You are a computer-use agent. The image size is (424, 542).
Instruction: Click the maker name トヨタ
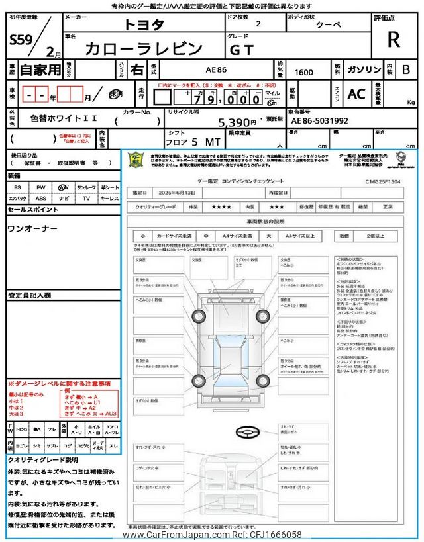tap(142, 25)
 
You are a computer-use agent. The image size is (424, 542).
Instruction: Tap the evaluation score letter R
tap(394, 39)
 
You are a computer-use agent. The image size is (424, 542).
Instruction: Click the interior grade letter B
tap(406, 69)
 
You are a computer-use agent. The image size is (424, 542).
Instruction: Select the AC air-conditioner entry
tap(356, 94)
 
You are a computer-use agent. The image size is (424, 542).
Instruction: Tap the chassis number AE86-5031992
tap(319, 121)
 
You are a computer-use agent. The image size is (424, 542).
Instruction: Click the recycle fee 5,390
tap(235, 122)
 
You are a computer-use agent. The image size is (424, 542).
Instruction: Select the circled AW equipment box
tap(64, 188)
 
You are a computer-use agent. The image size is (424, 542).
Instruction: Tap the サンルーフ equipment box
tap(86, 188)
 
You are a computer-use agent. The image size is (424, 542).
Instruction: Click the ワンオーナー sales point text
tap(32, 228)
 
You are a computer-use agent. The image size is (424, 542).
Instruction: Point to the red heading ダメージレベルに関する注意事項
tap(60, 384)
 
